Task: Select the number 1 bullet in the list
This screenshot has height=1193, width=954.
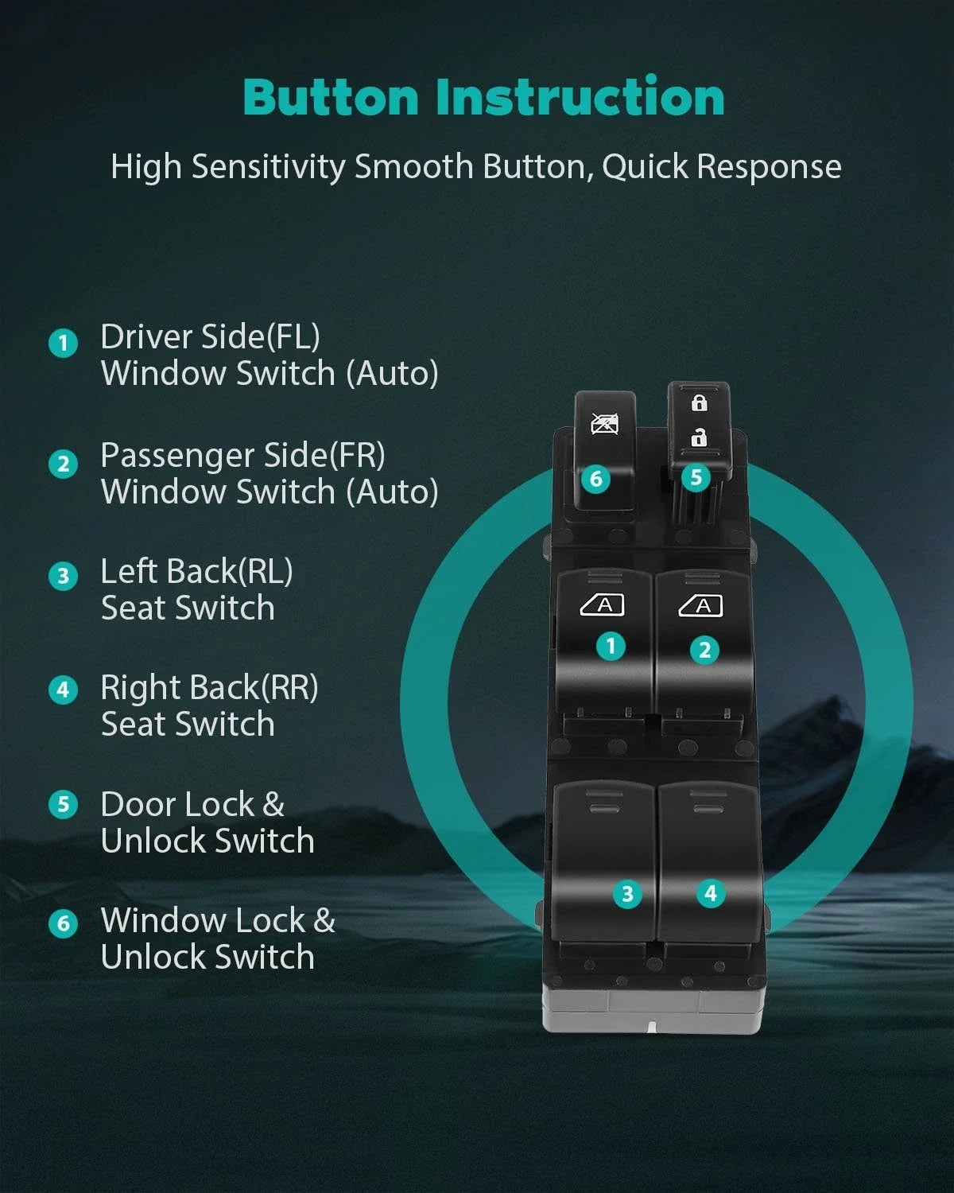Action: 63,343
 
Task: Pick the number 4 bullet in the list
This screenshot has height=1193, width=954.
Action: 63,690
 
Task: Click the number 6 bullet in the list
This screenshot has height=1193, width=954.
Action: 63,924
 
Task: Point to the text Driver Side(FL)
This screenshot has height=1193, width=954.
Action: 210,337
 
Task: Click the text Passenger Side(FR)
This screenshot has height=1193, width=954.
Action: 242,456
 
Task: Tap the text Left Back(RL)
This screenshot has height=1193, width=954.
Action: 197,572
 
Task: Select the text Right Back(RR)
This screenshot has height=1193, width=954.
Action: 210,688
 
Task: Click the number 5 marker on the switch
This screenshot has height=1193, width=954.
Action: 696,477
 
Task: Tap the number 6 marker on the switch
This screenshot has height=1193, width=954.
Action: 596,479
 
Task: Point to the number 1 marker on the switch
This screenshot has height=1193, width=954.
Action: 611,647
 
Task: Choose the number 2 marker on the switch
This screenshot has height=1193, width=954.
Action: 704,650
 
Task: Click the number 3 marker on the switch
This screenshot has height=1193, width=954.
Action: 627,894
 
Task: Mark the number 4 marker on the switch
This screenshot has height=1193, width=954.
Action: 711,893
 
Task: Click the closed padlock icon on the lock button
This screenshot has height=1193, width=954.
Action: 699,402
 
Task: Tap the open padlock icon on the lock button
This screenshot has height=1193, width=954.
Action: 699,438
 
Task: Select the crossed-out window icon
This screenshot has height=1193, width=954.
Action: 605,424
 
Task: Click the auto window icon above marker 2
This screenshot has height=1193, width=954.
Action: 700,606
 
